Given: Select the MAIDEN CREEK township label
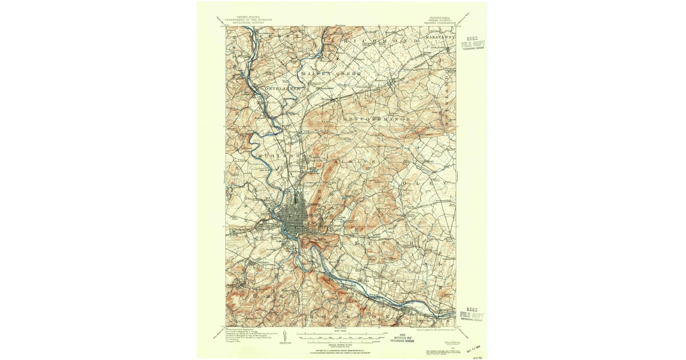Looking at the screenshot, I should (332, 74).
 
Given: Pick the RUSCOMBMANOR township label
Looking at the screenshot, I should (377, 119).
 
